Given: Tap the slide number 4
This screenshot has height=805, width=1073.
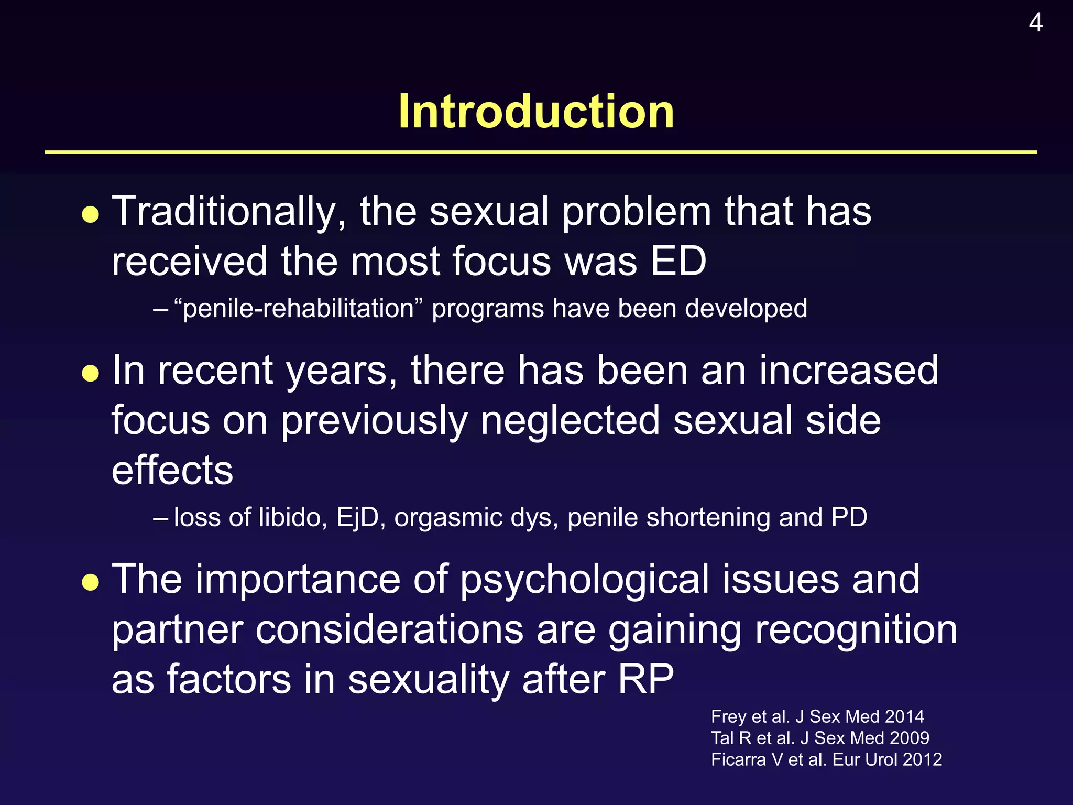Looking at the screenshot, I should coord(1035,23).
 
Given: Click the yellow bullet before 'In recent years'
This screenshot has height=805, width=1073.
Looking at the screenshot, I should coord(91,374).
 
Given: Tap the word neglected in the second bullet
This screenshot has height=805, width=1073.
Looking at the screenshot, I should coord(570,420).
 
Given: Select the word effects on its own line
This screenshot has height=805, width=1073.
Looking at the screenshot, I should coord(172,470).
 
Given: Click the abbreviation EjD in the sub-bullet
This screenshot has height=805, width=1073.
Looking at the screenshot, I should coord(358,518).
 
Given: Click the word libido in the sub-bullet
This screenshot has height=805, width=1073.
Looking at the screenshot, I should coord(293,518).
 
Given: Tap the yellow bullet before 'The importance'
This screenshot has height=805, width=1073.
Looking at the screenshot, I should coord(91,582).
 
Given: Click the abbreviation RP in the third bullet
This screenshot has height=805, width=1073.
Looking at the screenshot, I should coord(645,679).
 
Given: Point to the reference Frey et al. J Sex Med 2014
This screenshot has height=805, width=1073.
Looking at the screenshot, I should coord(817,716).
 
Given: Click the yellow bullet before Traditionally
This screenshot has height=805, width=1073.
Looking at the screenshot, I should coord(91,215).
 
